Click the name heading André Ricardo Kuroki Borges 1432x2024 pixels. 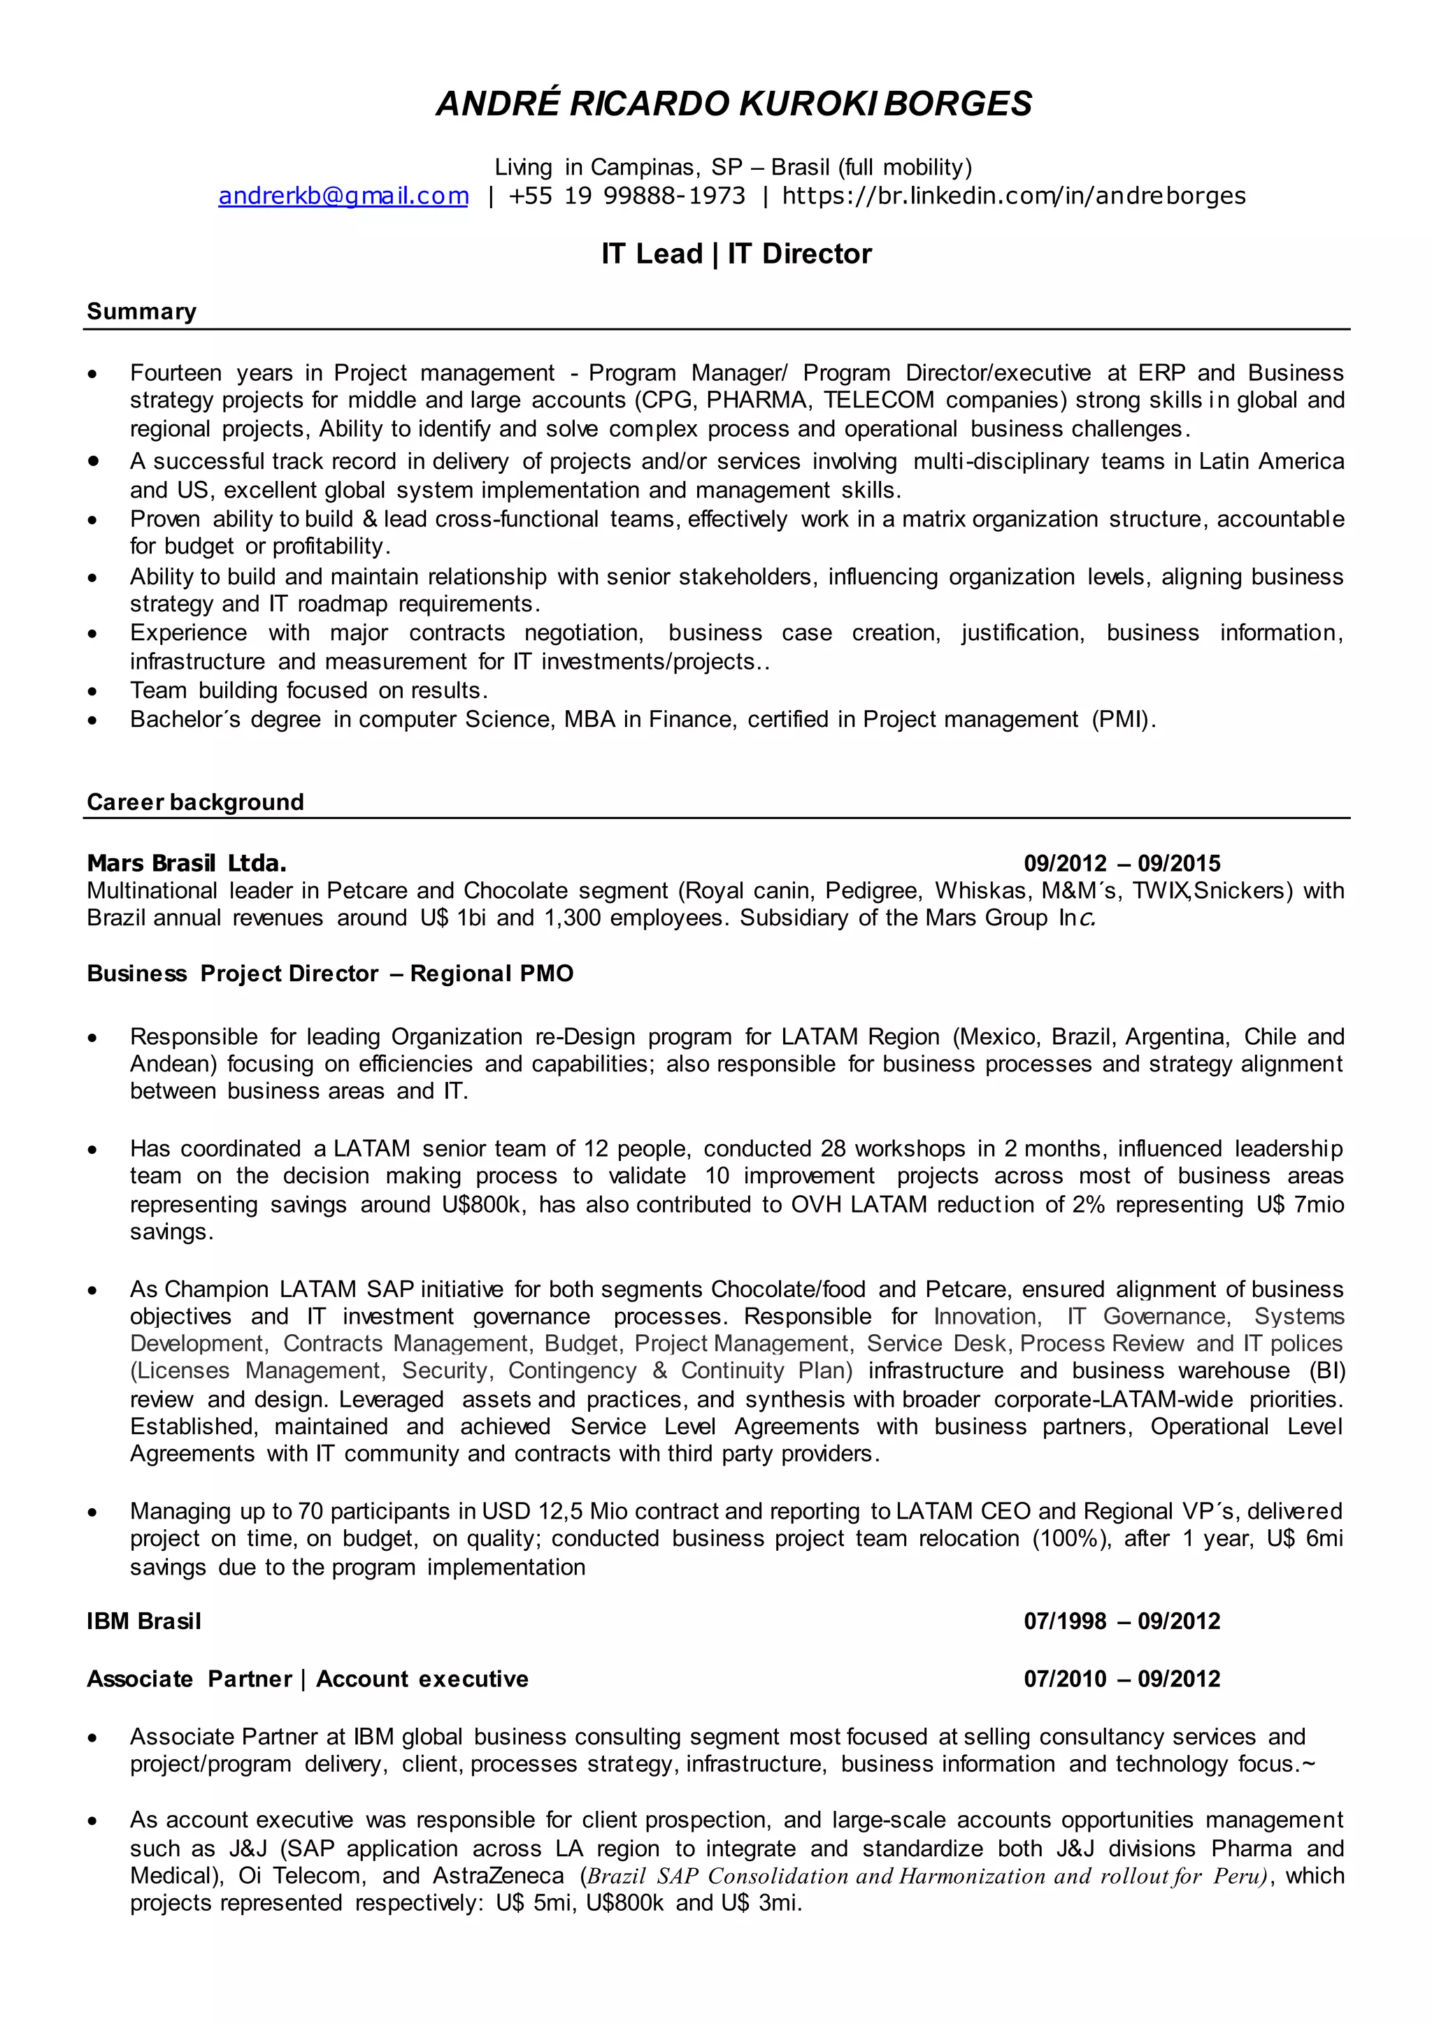point(733,104)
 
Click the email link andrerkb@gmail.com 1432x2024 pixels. point(343,196)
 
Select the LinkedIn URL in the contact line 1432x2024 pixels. point(1013,196)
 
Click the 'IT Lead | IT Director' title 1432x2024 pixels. point(736,254)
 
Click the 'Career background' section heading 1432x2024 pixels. point(195,802)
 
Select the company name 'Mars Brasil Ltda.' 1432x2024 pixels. point(186,863)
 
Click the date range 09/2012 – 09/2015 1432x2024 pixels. point(1122,863)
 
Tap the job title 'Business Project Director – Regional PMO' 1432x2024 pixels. point(330,974)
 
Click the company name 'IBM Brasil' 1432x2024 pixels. point(144,1621)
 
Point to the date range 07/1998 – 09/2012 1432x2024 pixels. point(1122,1621)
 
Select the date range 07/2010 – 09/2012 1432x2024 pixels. point(1122,1679)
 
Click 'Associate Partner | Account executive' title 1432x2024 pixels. point(307,1679)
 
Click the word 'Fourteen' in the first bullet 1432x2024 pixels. point(176,373)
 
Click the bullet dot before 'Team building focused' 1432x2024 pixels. point(92,692)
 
